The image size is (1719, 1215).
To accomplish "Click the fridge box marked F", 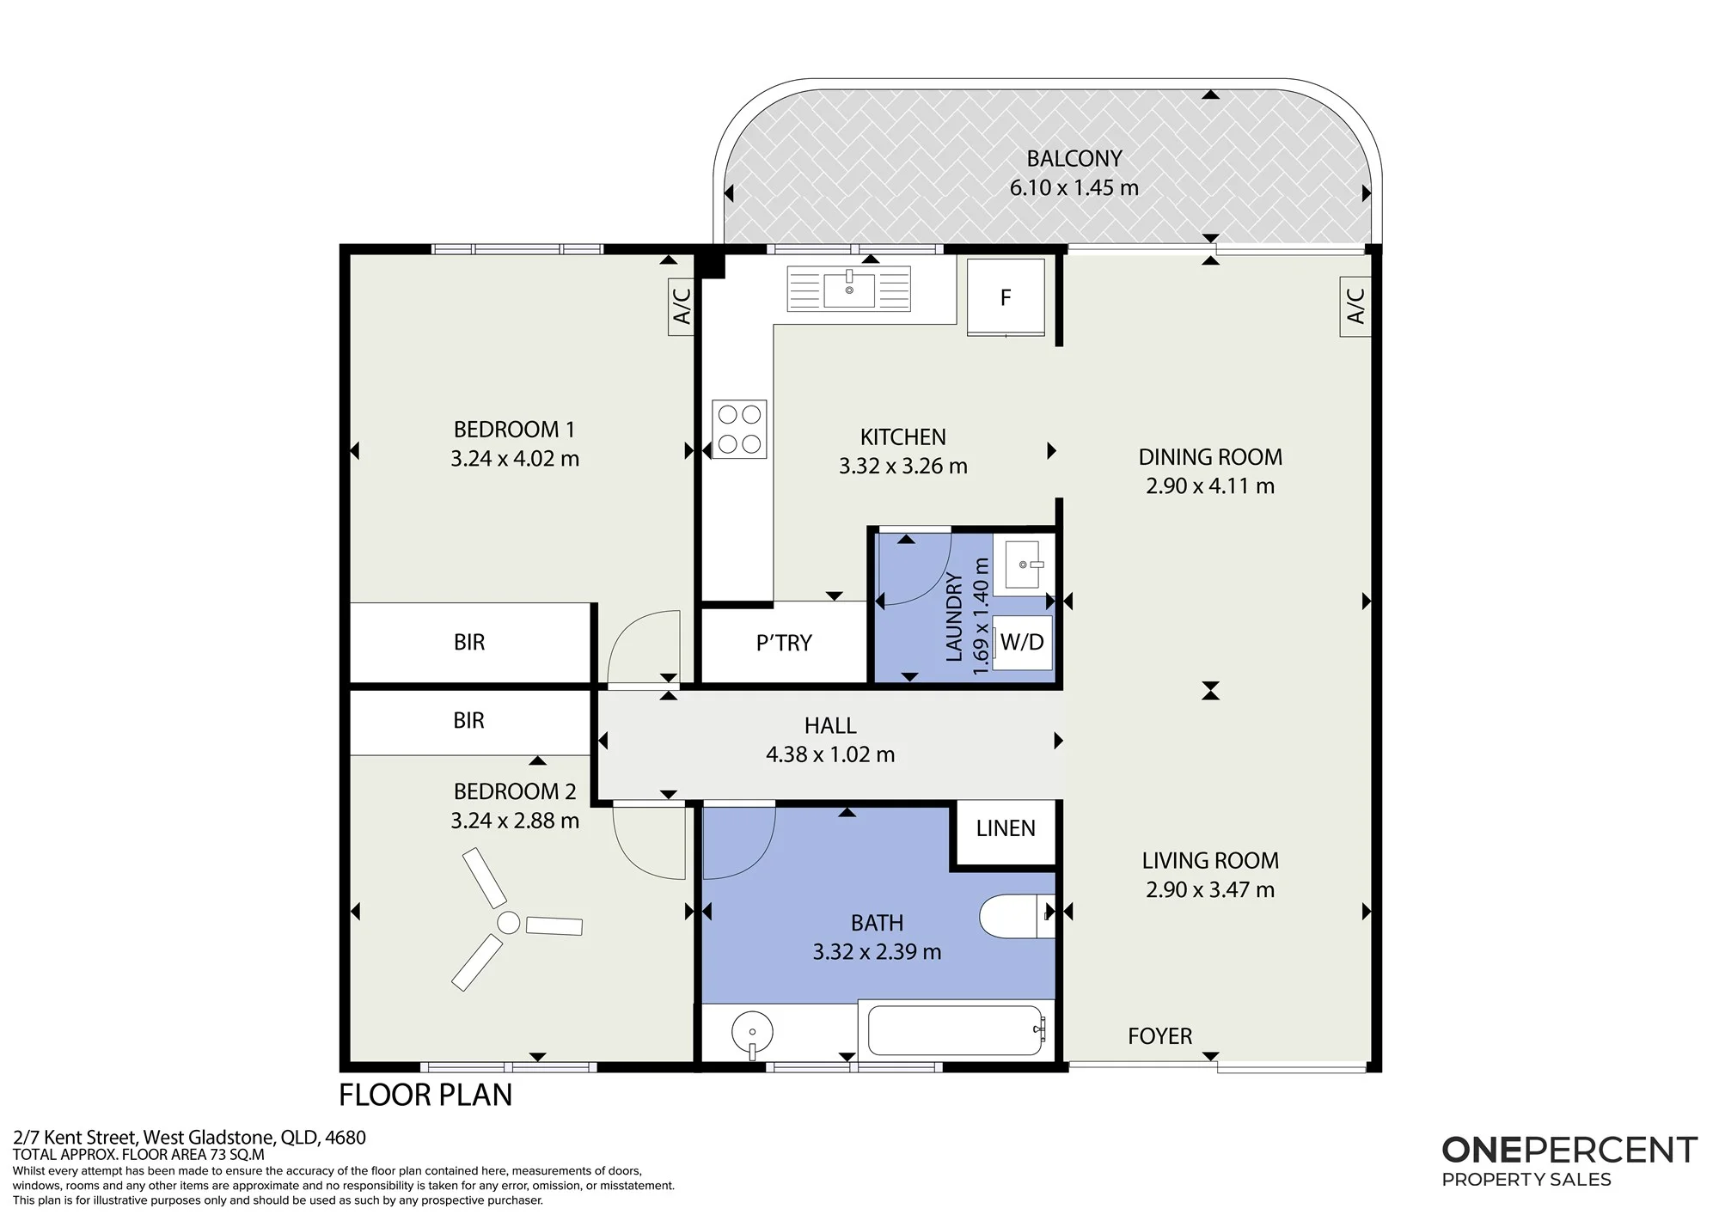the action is (1006, 297).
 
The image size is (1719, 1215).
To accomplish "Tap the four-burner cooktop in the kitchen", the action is (739, 429).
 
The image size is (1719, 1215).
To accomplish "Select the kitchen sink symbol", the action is (849, 288).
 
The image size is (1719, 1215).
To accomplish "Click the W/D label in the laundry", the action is (1022, 642).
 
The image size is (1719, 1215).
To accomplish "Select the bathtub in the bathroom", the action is (957, 1030).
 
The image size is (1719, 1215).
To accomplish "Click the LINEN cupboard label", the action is (1006, 828).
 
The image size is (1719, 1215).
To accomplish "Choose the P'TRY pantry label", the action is (784, 643).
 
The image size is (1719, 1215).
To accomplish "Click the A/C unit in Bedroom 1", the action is (682, 306).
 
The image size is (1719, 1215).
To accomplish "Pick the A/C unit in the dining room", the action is (1356, 306).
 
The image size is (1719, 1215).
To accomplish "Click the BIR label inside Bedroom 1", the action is (469, 642).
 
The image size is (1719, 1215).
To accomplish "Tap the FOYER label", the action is (1160, 1036).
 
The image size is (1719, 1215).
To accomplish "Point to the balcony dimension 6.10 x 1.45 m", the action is (1074, 187).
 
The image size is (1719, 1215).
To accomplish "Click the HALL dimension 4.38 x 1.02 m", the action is (830, 754).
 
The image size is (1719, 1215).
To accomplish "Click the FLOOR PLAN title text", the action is (425, 1095).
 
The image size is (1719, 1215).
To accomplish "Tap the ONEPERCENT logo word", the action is (1569, 1150).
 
